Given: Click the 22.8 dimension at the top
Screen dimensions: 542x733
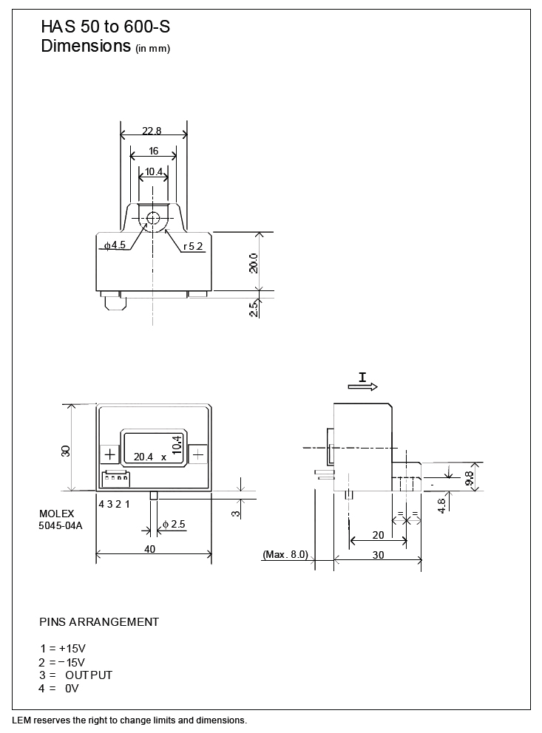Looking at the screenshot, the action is click(x=152, y=131).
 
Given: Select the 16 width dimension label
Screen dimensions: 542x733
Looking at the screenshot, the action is click(x=153, y=151).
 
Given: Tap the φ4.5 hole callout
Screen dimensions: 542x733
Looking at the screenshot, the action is click(x=115, y=245).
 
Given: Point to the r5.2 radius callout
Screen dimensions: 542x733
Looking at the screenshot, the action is click(x=193, y=246).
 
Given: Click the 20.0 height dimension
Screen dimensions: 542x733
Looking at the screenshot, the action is click(x=254, y=263).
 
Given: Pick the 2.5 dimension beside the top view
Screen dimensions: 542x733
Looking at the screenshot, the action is click(x=254, y=309).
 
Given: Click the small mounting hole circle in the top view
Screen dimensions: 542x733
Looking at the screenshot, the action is click(x=153, y=218).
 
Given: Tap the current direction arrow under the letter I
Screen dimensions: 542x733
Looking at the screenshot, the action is click(x=363, y=386).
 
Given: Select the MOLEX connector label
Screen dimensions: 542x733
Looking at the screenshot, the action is click(x=57, y=514).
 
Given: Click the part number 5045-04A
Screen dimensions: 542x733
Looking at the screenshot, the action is click(x=61, y=525).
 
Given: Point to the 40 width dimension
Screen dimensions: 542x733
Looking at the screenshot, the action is click(x=149, y=549).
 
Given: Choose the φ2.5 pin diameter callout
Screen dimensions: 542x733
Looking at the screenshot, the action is click(x=174, y=524).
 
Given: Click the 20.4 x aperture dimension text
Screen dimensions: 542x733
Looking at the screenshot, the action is click(x=150, y=457).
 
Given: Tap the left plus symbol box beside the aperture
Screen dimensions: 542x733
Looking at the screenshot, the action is click(x=110, y=454).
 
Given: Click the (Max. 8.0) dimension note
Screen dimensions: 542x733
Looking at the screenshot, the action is click(x=285, y=554).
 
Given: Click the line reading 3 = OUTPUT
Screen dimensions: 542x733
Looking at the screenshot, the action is click(x=75, y=675).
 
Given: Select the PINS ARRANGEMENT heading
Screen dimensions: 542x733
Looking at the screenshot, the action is click(x=99, y=621).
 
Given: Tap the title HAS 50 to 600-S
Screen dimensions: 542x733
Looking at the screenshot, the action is click(x=106, y=27).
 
